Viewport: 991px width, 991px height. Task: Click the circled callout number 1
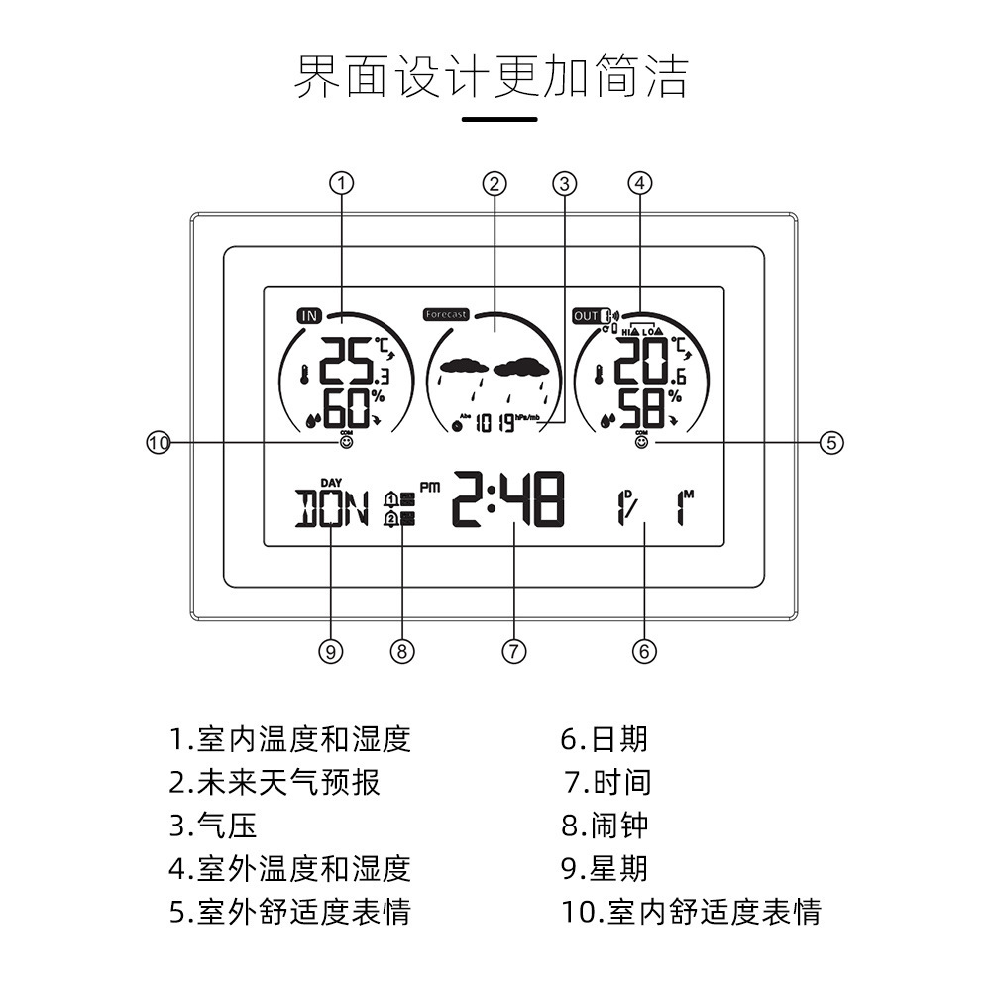point(341,183)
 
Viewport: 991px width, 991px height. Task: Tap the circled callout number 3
point(565,183)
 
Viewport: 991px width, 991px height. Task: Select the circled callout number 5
point(832,443)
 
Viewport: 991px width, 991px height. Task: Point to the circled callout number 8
point(401,651)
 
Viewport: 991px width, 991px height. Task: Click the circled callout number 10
point(159,443)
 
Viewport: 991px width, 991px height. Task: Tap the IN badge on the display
point(309,316)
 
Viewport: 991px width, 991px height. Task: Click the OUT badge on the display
point(586,316)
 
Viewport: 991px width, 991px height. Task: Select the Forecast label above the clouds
point(445,314)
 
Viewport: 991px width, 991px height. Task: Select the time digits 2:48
point(508,499)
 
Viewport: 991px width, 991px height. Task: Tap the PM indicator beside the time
point(429,487)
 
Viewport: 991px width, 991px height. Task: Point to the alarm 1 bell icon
point(391,498)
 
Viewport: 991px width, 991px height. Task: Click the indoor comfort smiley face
point(346,443)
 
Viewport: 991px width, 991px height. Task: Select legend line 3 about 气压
point(213,825)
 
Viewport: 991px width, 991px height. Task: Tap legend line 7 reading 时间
point(607,781)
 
